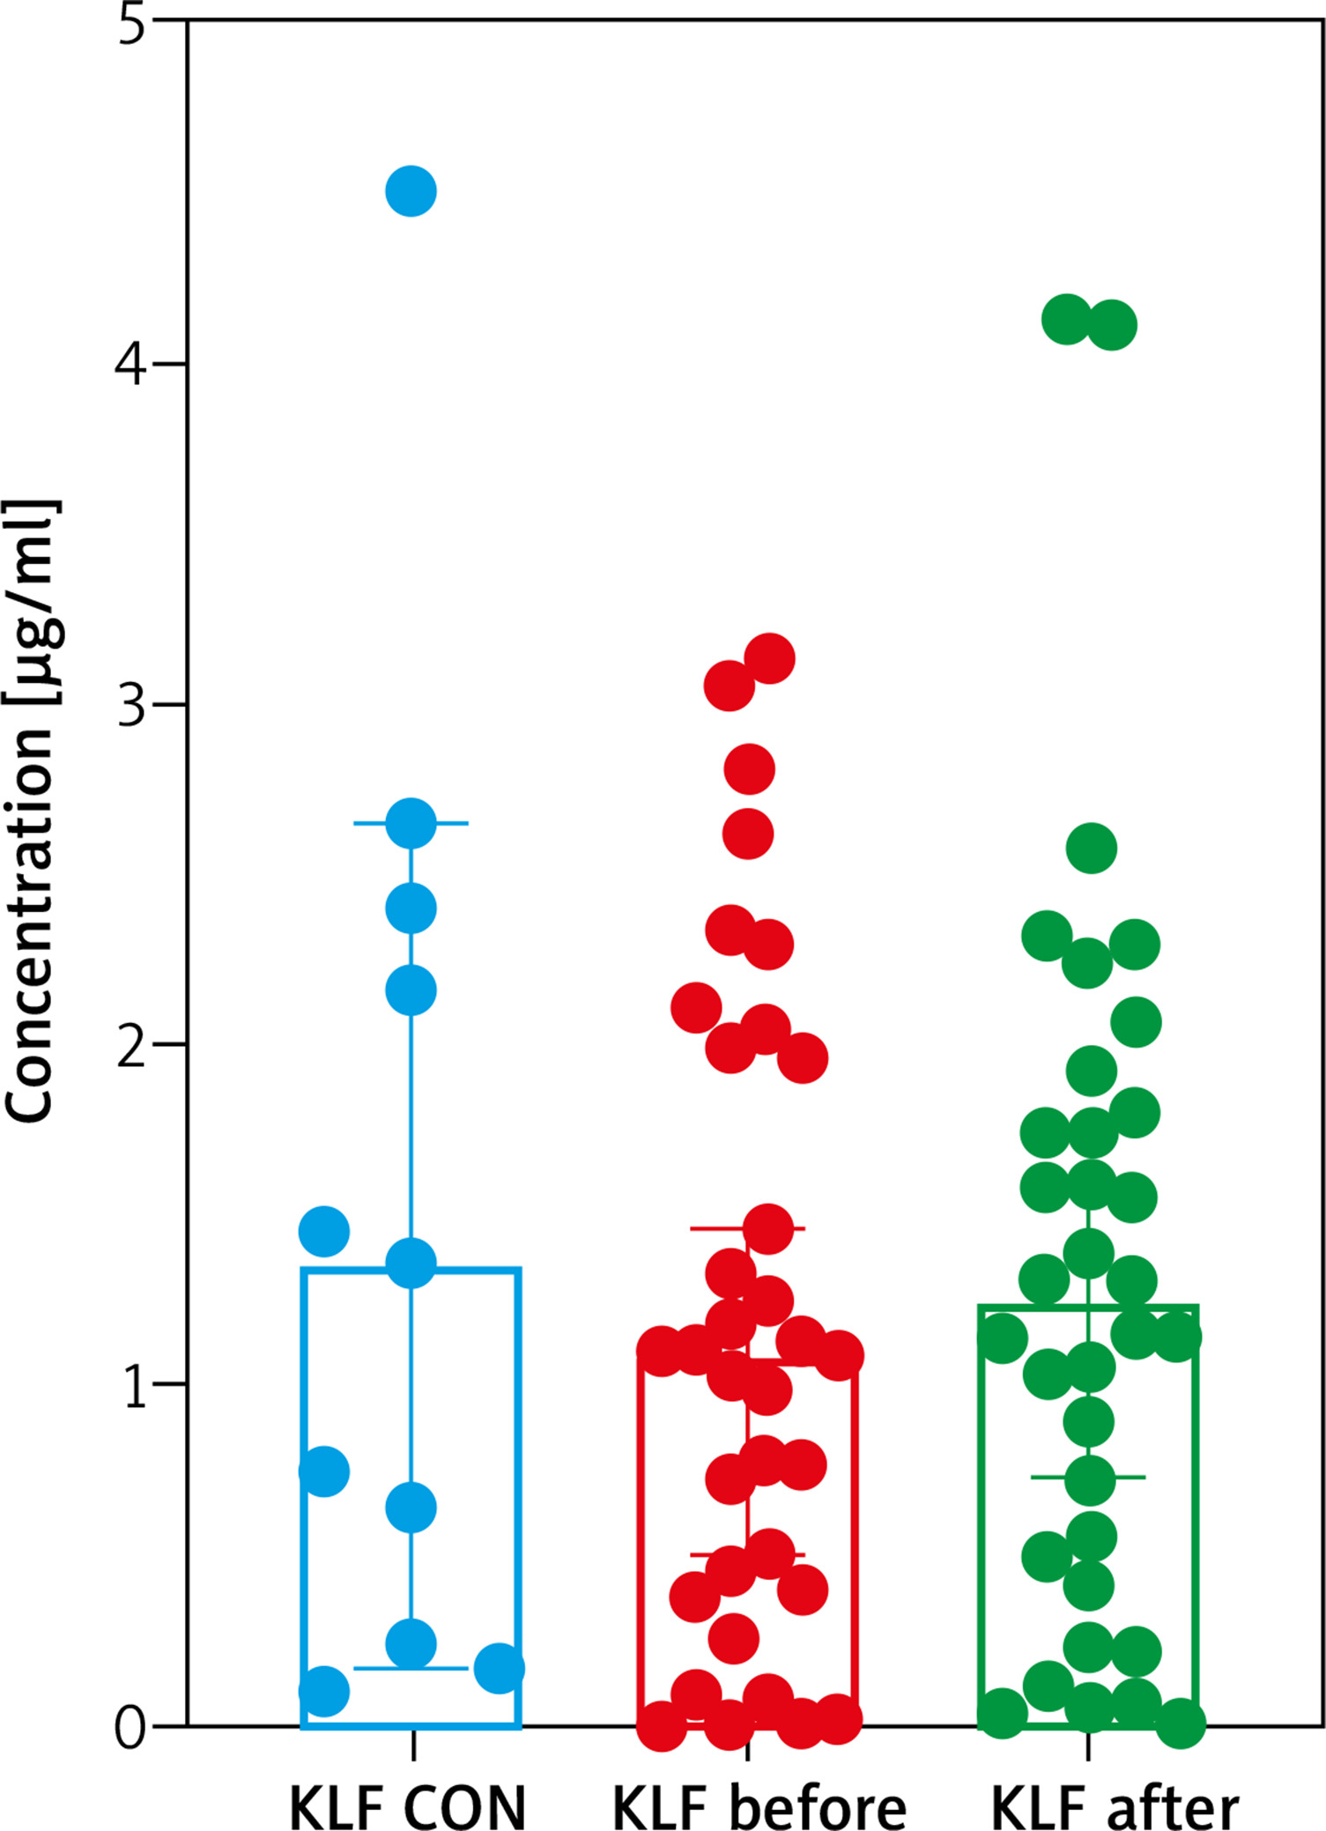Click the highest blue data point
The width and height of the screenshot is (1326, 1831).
click(x=411, y=190)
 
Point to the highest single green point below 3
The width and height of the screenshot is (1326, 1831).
click(x=1092, y=849)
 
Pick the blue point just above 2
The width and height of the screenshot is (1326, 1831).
click(x=411, y=990)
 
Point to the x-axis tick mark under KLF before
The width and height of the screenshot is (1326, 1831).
click(x=747, y=1746)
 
